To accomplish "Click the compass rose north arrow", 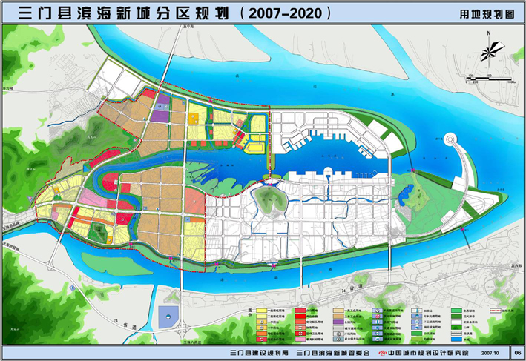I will pyautogui.click(x=489, y=52).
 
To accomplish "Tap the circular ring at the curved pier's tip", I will pyautogui.click(x=450, y=139).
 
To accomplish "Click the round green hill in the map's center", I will pyautogui.click(x=267, y=199).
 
